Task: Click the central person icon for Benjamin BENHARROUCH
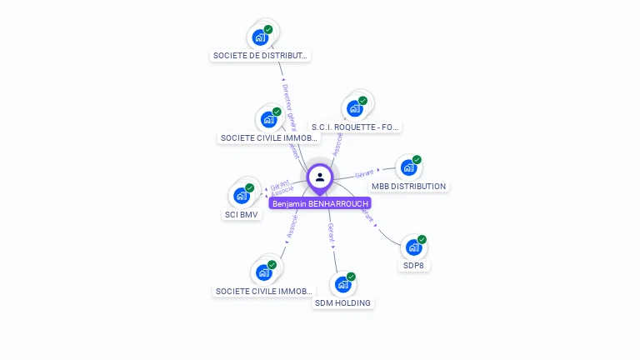320,177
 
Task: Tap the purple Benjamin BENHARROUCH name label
320,203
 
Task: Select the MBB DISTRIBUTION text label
408,187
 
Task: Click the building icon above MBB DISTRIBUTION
408,167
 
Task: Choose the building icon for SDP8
413,247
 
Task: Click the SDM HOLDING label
342,302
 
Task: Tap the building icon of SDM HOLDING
342,284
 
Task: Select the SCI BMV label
242,214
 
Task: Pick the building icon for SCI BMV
242,196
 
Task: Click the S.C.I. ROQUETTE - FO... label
355,127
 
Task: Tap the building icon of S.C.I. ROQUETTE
355,108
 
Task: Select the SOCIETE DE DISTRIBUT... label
260,56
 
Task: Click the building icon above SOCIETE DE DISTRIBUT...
260,37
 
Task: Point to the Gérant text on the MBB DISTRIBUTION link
364,174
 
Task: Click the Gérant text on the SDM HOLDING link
331,232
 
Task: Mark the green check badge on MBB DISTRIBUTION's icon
417,160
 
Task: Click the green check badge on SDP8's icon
422,240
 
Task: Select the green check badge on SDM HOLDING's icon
351,277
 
